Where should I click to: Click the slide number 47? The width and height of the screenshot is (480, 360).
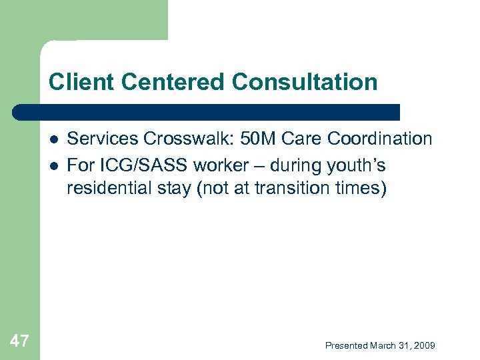(19, 341)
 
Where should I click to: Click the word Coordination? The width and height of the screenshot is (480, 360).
(378, 139)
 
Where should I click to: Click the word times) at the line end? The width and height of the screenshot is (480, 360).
(359, 188)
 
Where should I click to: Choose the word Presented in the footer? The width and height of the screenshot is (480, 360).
(346, 345)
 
